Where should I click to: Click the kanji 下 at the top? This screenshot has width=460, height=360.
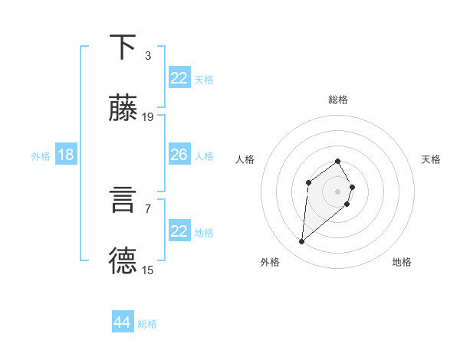pyautogui.click(x=123, y=47)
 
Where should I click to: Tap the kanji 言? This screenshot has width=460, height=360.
pyautogui.click(x=123, y=200)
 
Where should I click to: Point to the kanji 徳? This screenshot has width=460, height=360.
pyautogui.click(x=123, y=261)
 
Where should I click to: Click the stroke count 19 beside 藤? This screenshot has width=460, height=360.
pyautogui.click(x=148, y=117)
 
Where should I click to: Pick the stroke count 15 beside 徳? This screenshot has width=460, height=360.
pyautogui.click(x=148, y=270)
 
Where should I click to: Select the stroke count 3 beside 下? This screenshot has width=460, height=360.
pyautogui.click(x=148, y=55)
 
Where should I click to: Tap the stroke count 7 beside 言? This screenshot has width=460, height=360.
pyautogui.click(x=148, y=208)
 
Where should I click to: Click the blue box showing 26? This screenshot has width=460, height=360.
pyautogui.click(x=179, y=155)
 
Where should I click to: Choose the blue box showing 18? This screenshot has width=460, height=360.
pyautogui.click(x=66, y=155)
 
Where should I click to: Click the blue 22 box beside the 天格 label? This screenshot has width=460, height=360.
pyautogui.click(x=179, y=78)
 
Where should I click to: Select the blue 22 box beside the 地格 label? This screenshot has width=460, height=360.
pyautogui.click(x=179, y=231)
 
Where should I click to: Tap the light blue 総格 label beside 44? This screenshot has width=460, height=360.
pyautogui.click(x=147, y=324)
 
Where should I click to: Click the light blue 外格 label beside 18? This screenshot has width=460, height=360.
pyautogui.click(x=41, y=155)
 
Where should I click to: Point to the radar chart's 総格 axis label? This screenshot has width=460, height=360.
pyautogui.click(x=338, y=100)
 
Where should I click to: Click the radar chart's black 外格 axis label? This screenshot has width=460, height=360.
pyautogui.click(x=270, y=262)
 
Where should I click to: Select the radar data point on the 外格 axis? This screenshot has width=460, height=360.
pyautogui.click(x=302, y=242)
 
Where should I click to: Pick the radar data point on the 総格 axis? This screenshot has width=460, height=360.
pyautogui.click(x=338, y=161)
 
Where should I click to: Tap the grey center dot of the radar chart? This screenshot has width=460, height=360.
pyautogui.click(x=338, y=191)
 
